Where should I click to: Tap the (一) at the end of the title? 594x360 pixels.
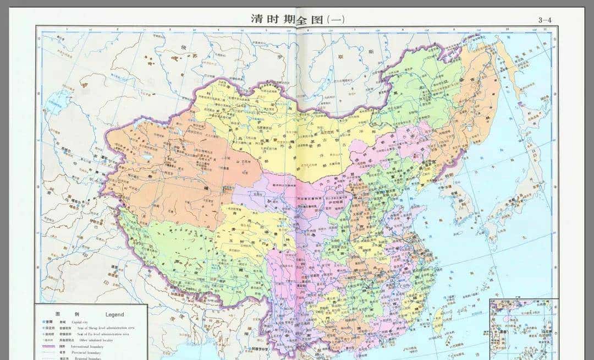tap(336, 19)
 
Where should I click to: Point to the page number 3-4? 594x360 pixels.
tap(545, 20)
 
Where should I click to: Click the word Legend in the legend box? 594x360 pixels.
tap(114, 314)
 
